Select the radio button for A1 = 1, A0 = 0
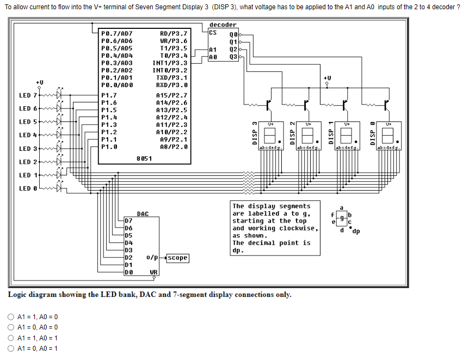[11, 317]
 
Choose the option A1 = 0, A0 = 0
[11, 327]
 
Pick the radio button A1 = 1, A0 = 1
[11, 338]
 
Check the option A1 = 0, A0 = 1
[11, 349]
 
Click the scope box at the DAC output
[177, 258]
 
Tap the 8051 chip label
[144, 158]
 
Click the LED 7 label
[28, 95]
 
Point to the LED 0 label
[28, 188]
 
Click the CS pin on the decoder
[213, 32]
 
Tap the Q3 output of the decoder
[234, 56]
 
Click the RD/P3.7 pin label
[174, 33]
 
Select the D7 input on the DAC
[128, 221]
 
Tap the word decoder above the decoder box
[223, 25]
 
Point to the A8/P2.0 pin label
[174, 147]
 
